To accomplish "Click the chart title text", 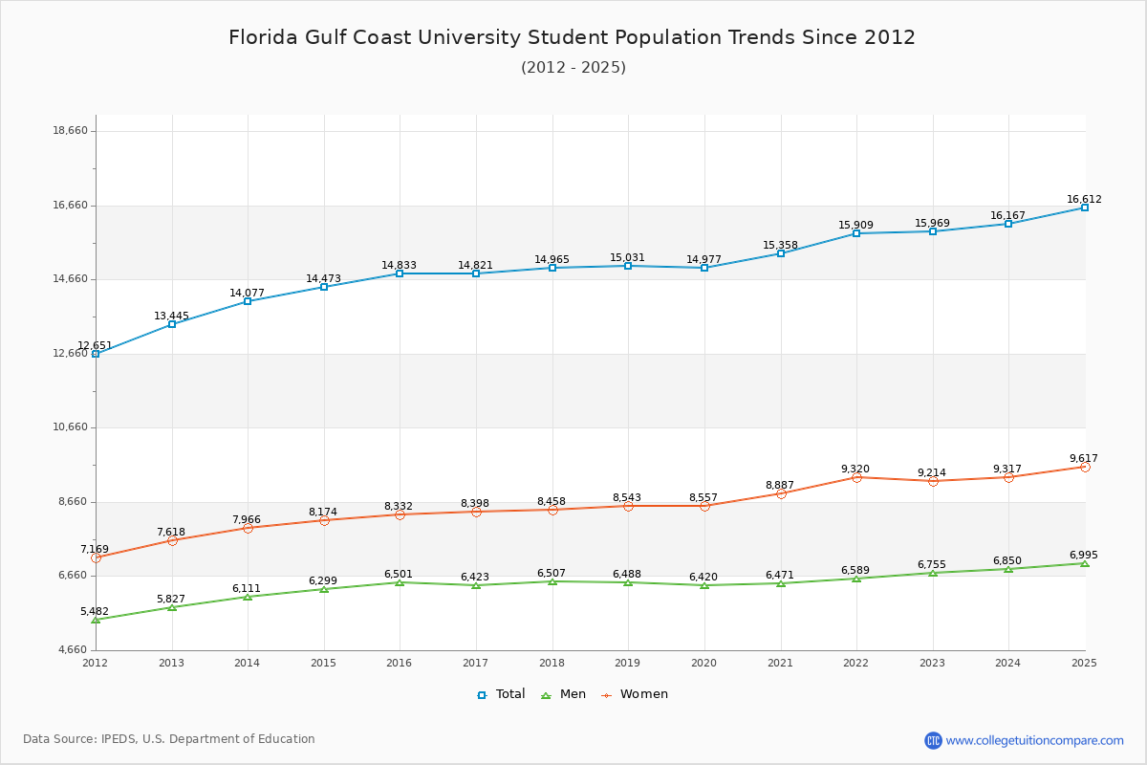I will click(572, 37).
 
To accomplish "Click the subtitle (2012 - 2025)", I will click(573, 68).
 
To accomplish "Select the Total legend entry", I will click(501, 694).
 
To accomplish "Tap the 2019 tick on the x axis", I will click(628, 663).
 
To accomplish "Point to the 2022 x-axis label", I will click(855, 663).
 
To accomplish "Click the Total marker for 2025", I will click(1085, 208).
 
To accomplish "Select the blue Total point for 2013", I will click(172, 324).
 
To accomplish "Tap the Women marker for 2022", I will click(856, 477).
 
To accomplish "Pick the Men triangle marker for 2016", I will click(400, 582).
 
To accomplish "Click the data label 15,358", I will click(780, 246).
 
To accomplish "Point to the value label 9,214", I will click(932, 473).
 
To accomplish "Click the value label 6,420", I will click(704, 578).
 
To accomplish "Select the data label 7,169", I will click(95, 550).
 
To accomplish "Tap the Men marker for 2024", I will click(1008, 569).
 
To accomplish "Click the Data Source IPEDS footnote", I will click(169, 739).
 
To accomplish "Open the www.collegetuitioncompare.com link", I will click(1034, 740).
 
